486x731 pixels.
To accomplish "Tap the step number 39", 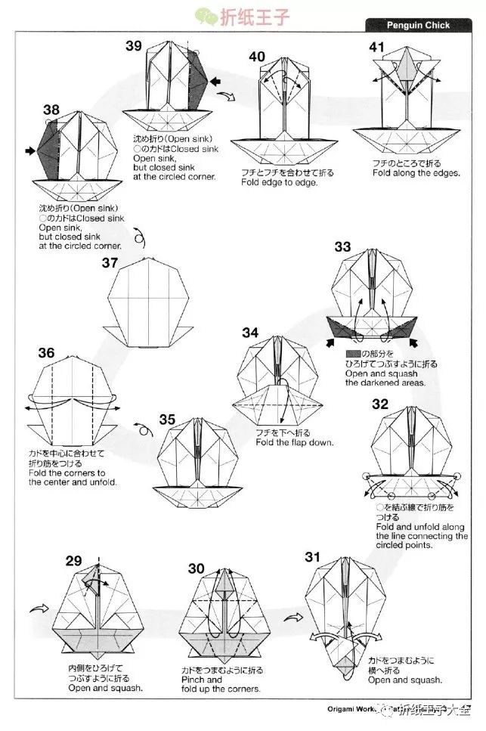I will [x=135, y=46].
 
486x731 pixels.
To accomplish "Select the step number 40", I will [x=257, y=57].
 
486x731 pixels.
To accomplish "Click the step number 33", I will [x=342, y=246].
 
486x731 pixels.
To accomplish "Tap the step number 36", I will [x=46, y=353].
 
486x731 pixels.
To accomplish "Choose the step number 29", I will [x=73, y=560].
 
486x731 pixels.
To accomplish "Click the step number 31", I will [x=313, y=558].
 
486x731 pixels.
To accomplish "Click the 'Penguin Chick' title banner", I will [x=418, y=25].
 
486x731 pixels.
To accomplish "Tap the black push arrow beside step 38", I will [x=30, y=152].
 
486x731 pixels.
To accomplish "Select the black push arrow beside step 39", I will [x=216, y=81].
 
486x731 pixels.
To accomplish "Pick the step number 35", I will [x=167, y=420].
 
